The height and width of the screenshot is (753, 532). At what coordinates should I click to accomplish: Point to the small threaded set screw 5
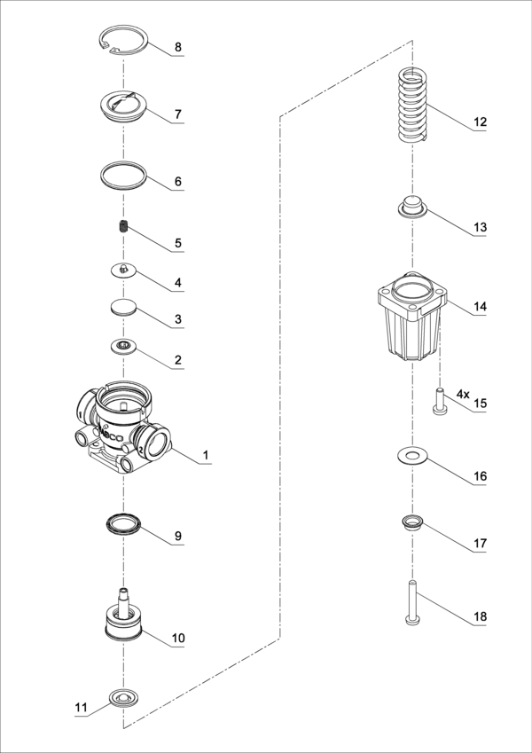124,225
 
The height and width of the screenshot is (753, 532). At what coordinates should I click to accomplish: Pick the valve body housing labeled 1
123,427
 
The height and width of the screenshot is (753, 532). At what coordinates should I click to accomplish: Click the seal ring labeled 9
123,525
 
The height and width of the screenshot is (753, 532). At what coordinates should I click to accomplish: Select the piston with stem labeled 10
124,616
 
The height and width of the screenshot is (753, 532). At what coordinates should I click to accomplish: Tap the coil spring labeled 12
413,106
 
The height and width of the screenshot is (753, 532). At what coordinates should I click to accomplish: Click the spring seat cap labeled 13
412,208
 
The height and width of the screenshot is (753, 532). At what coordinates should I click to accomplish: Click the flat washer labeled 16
412,456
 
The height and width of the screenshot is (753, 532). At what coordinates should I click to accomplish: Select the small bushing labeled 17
412,523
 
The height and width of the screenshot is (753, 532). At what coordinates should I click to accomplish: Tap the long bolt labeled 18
412,603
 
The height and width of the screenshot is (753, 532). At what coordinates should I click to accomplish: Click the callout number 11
82,707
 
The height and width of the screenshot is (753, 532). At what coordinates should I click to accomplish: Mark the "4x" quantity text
462,395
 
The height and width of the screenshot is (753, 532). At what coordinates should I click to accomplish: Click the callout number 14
480,306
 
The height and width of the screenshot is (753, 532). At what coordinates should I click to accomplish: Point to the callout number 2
178,360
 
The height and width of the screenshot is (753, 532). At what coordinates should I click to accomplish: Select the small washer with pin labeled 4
123,271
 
